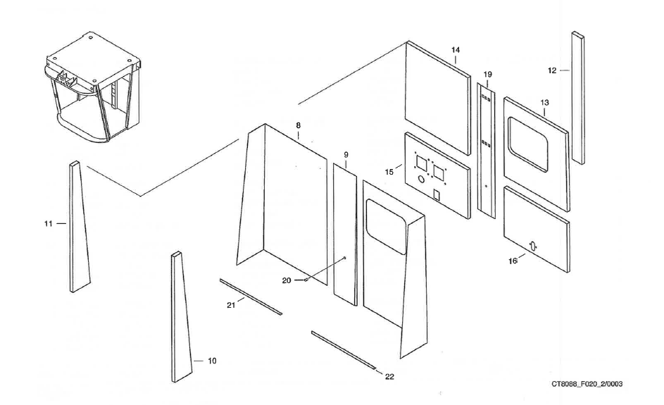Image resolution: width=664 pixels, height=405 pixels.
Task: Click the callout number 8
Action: tap(299, 125)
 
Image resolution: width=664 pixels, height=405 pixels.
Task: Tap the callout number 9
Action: tap(346, 154)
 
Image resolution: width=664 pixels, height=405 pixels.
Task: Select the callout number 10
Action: tap(212, 361)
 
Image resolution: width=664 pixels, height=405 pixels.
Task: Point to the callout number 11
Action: tap(49, 223)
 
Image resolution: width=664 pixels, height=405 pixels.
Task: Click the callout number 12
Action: tap(552, 70)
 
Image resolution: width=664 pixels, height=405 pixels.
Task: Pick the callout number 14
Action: tap(456, 50)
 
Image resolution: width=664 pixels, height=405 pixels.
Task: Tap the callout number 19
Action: tap(487, 74)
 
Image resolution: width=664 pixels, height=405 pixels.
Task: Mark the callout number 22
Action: tap(389, 377)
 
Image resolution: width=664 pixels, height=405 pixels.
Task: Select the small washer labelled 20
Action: tap(307, 280)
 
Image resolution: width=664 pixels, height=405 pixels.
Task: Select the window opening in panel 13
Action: tap(529, 146)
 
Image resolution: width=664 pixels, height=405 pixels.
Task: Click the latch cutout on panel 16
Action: tap(533, 246)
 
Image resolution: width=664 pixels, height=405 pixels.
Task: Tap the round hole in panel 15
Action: tap(422, 180)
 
